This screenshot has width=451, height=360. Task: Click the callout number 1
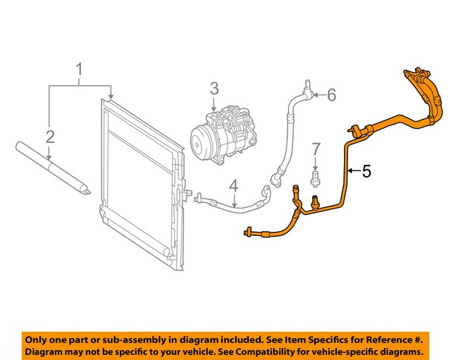[80, 69]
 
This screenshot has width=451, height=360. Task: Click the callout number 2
[49, 137]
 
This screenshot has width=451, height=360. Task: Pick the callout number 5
[366, 170]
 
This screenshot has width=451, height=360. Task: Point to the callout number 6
[332, 94]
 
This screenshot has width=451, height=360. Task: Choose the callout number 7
[316, 149]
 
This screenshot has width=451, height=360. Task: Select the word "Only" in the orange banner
[38, 337]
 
